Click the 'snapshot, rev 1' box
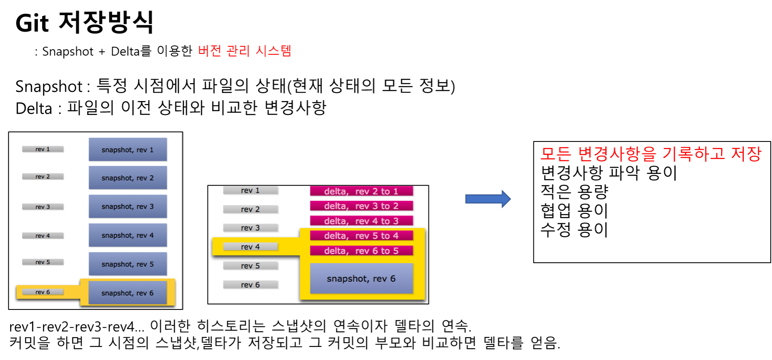[x=128, y=149]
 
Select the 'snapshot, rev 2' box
[x=128, y=178]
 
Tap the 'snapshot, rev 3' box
[x=128, y=206]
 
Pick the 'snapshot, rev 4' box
[x=128, y=235]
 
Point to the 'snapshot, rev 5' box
[x=128, y=264]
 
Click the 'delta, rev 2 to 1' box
[x=361, y=191]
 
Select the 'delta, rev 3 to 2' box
[x=361, y=206]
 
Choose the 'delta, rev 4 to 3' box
[x=361, y=221]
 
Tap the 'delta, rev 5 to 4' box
[x=361, y=236]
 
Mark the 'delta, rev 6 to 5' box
[x=361, y=251]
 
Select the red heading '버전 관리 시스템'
[x=245, y=51]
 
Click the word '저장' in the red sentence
[x=746, y=154]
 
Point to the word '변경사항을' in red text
[x=617, y=154]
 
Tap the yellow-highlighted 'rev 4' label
[x=250, y=247]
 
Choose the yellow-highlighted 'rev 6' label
[x=43, y=292]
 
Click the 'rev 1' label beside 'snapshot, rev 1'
[x=43, y=149]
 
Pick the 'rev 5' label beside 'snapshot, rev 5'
[x=43, y=262]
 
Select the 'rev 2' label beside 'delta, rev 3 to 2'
[x=250, y=209]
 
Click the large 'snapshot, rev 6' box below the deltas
[x=361, y=278]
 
